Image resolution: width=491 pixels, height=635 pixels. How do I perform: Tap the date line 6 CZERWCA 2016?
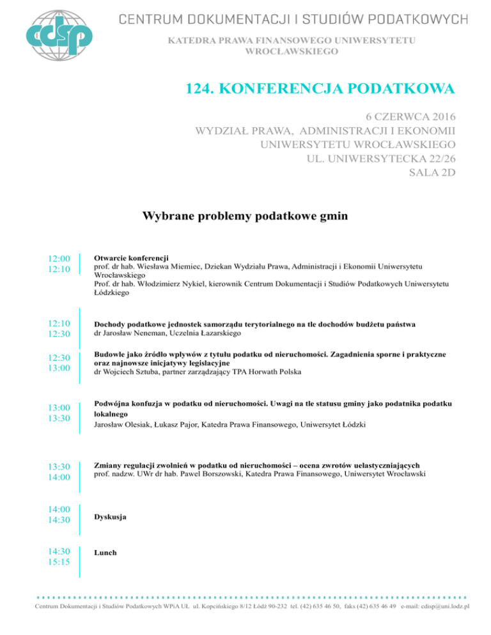click(411, 118)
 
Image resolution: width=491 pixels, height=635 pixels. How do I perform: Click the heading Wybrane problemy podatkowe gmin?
click(245, 216)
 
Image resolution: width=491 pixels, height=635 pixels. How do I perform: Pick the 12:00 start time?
click(59, 259)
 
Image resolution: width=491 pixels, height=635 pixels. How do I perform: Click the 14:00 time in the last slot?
click(59, 509)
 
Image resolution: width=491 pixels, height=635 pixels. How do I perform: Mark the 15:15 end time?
click(59, 562)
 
